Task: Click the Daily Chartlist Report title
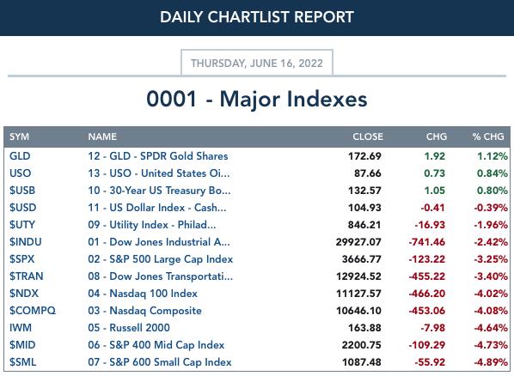click(257, 17)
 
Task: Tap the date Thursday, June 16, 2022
click(257, 63)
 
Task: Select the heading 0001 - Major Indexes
click(257, 99)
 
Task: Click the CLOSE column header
click(368, 136)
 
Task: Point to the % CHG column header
click(488, 136)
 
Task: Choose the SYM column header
click(19, 136)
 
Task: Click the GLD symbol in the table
click(20, 156)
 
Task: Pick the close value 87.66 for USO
click(368, 173)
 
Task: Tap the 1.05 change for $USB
click(435, 191)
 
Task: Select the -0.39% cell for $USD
click(491, 208)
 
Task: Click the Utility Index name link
click(152, 225)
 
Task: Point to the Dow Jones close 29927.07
click(358, 242)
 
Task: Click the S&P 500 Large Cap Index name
click(160, 259)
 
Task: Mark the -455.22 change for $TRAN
click(427, 276)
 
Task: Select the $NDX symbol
click(23, 294)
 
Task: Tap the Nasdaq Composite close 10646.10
click(358, 311)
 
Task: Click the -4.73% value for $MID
click(491, 345)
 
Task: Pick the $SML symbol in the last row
click(22, 362)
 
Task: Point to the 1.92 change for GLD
click(435, 156)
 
